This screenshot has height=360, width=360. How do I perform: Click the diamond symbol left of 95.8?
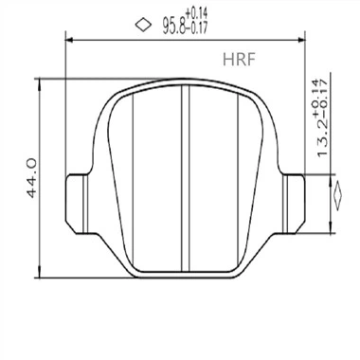coord(142,24)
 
